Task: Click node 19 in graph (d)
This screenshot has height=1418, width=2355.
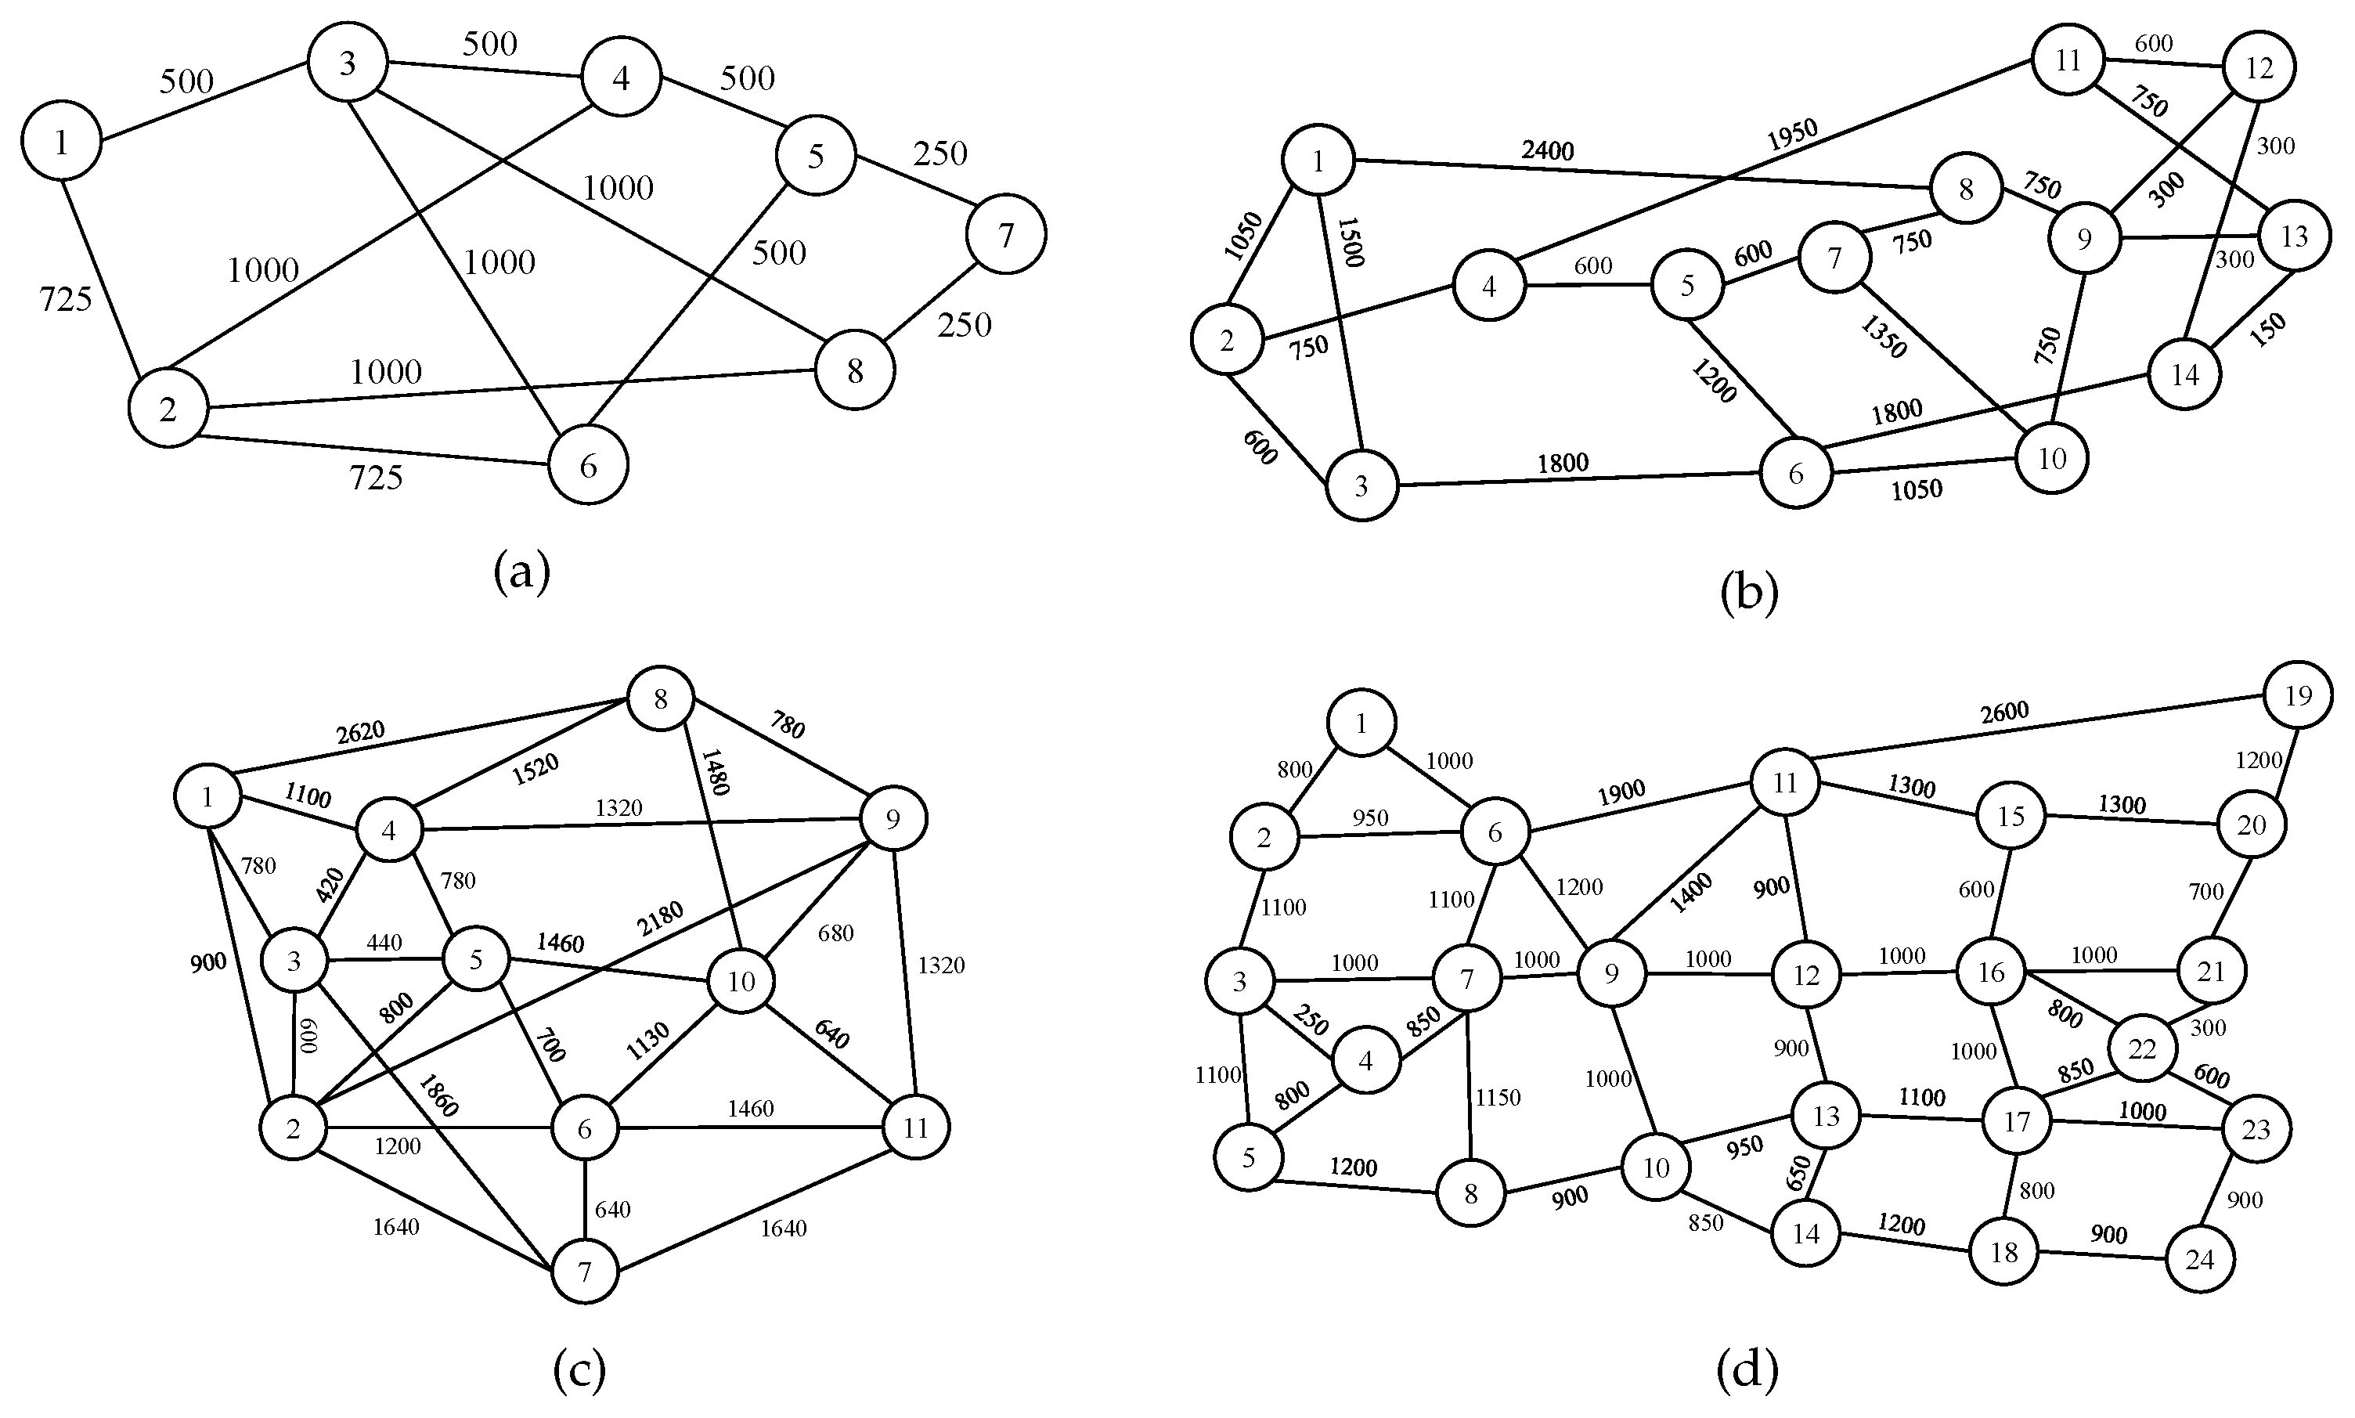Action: [2297, 695]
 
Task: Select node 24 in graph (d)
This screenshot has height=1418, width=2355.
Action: [2199, 1259]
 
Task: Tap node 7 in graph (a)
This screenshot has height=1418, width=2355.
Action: [1005, 234]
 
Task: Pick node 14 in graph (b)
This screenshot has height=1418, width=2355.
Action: [2185, 374]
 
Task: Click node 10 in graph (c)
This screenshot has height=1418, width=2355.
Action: [741, 981]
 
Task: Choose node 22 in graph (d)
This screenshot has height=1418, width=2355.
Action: [2142, 1049]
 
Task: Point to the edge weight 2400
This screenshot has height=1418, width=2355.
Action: [1548, 150]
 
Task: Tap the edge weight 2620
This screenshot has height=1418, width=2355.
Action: [360, 733]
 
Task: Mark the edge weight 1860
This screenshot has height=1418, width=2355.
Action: [438, 1095]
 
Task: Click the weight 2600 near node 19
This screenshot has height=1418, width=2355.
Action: [2003, 713]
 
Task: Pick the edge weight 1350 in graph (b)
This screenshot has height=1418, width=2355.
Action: [1883, 337]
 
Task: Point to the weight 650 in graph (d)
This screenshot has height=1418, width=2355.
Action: [1799, 1172]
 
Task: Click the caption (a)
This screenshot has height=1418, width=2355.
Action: [521, 573]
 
